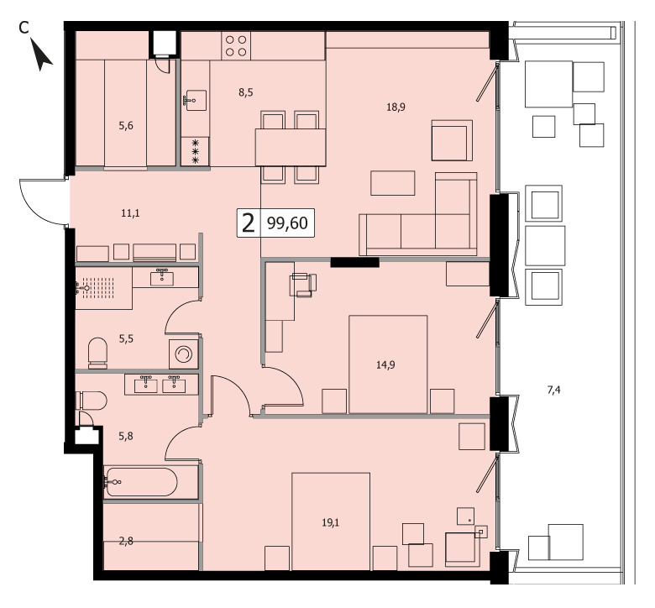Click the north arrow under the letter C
click(x=42, y=56)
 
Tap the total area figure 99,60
click(x=287, y=223)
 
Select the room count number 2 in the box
click(x=248, y=223)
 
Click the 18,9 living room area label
click(x=396, y=107)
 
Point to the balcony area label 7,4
click(x=553, y=390)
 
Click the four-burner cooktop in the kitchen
click(x=236, y=46)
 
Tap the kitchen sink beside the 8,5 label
click(x=196, y=100)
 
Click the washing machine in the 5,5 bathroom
click(x=183, y=354)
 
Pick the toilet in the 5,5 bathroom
click(x=97, y=353)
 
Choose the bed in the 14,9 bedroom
click(x=388, y=364)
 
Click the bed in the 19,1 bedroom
click(x=331, y=522)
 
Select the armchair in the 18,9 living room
click(x=452, y=140)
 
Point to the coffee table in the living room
click(x=393, y=183)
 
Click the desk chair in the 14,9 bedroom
click(x=303, y=285)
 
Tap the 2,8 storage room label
click(x=126, y=542)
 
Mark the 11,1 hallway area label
click(x=130, y=213)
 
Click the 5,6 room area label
click(x=126, y=125)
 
